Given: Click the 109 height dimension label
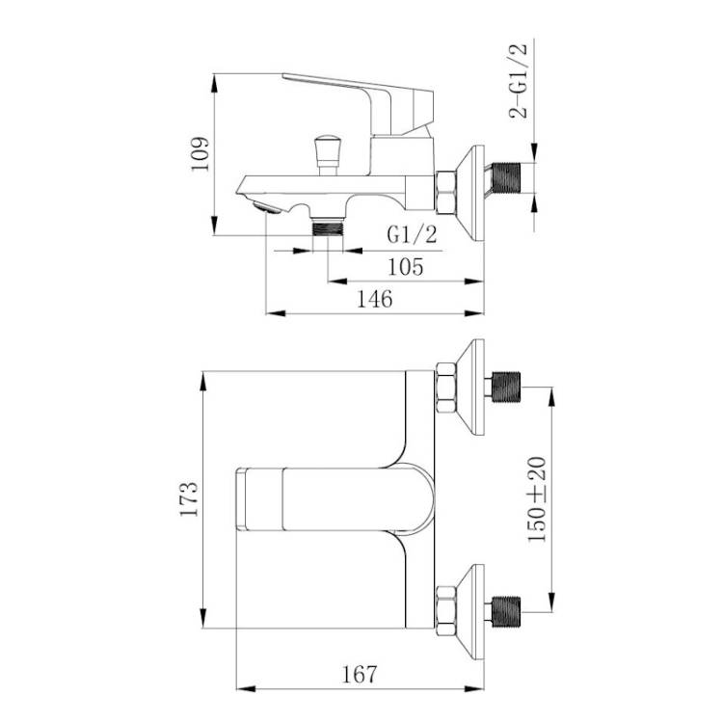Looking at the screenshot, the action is click(201, 154).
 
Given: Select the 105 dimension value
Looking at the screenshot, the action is click(405, 267).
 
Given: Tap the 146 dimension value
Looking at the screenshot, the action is click(375, 299).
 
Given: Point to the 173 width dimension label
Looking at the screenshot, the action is click(189, 499).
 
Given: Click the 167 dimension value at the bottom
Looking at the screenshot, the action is click(360, 675).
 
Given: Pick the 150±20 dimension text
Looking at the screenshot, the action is click(537, 499).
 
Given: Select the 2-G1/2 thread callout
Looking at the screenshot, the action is click(518, 81).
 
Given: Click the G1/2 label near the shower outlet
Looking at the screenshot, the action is click(412, 234).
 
